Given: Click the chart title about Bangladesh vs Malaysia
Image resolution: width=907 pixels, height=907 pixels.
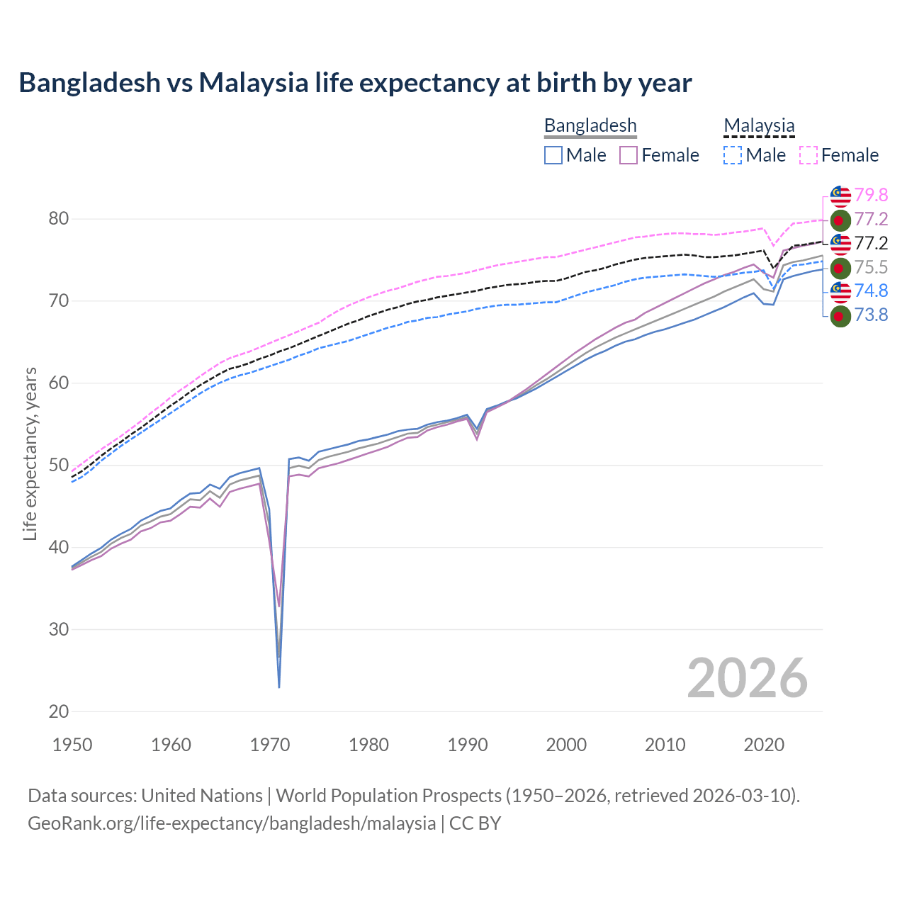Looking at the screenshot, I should coord(355,83).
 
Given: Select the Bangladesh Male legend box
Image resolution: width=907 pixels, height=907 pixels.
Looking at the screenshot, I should coord(553,155).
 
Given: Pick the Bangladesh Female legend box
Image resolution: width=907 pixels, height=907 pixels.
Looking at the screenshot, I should coord(629,155).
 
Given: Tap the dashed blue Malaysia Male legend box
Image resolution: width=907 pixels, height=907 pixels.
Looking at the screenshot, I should coord(733,155).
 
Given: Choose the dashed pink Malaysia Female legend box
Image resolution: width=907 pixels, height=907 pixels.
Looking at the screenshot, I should coord(809,155).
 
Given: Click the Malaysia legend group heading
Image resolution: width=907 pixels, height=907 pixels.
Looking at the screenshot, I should coord(759,126).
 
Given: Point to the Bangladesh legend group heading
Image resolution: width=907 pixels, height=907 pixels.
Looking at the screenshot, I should coord(590,126).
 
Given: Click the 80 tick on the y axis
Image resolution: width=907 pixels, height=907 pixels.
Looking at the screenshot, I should coord(59,219).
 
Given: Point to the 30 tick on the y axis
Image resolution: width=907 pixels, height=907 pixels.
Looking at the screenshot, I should coord(59,629).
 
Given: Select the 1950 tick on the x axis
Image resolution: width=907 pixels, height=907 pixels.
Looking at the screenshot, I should coord(72,745).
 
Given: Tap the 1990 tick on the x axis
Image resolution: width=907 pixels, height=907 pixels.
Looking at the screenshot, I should coord(468,745).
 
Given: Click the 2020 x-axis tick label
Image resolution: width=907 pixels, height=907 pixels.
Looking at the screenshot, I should coord(764,745).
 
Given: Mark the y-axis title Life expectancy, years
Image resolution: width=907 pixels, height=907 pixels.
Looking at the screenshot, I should coord(30,453).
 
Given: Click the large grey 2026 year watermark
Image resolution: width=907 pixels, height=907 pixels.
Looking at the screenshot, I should coord(747,678).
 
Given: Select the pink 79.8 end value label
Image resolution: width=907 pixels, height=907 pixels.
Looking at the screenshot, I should coord(871,195).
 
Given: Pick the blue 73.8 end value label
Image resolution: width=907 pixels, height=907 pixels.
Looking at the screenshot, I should coord(871,315).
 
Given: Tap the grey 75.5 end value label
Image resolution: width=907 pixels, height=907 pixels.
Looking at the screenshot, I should coord(871,267).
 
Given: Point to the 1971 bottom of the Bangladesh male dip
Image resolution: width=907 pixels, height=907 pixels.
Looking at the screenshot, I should coord(279,687).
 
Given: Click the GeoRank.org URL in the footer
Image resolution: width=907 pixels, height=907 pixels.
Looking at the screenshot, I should coord(232,823).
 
